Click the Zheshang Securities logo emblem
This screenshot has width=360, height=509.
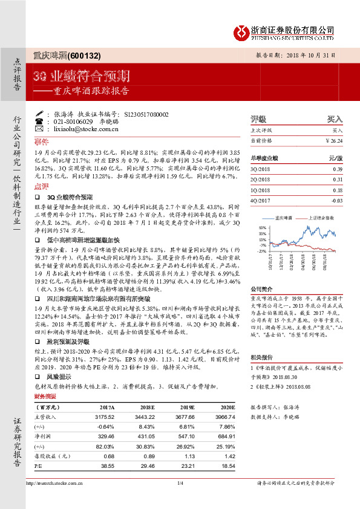(x=241, y=31)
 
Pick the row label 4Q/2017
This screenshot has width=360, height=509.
(x=261, y=199)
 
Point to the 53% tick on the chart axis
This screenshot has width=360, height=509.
(x=261, y=228)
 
